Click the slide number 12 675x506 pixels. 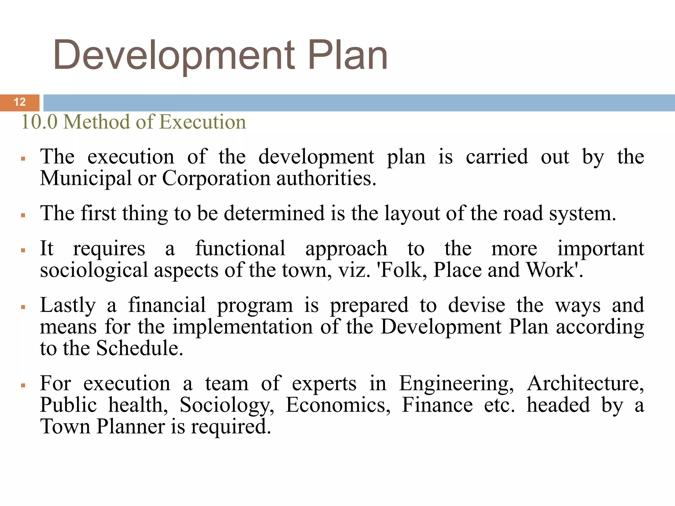click(x=20, y=102)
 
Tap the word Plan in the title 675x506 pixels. click(x=348, y=55)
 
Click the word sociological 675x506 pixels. click(x=94, y=270)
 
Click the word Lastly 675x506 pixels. click(x=68, y=305)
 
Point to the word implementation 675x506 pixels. click(x=243, y=327)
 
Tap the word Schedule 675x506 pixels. click(x=139, y=349)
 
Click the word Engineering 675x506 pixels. click(x=456, y=384)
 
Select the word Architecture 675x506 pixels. click(x=585, y=384)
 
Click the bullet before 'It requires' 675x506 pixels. click(x=23, y=250)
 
